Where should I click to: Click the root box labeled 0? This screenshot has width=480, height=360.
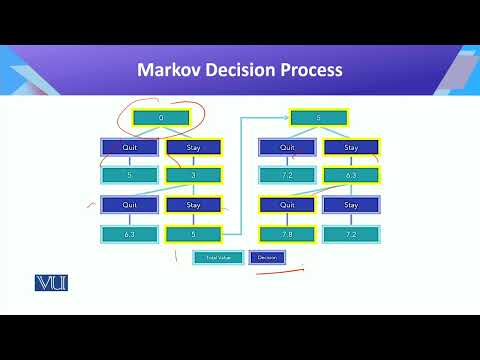coord(160,117)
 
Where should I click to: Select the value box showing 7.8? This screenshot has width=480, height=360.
coord(287,235)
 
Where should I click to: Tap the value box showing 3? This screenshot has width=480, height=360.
coord(193,176)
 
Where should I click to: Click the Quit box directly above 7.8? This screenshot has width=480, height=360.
coord(287,206)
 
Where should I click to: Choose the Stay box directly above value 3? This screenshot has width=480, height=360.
coord(193,147)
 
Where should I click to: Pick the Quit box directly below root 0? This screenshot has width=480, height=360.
coord(129,147)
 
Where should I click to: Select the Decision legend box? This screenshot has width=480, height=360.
coord(267,257)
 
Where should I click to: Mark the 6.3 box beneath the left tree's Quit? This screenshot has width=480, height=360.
coord(129,235)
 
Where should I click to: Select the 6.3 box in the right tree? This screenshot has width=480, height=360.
coord(351,176)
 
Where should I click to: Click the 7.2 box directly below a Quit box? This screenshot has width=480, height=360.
coord(287,176)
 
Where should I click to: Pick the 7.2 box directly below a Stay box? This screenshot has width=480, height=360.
coord(351,235)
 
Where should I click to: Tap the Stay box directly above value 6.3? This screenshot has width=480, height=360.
coord(351,147)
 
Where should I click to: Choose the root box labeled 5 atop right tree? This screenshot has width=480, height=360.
coord(319,117)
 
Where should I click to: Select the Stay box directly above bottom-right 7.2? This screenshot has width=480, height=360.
coord(351,206)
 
